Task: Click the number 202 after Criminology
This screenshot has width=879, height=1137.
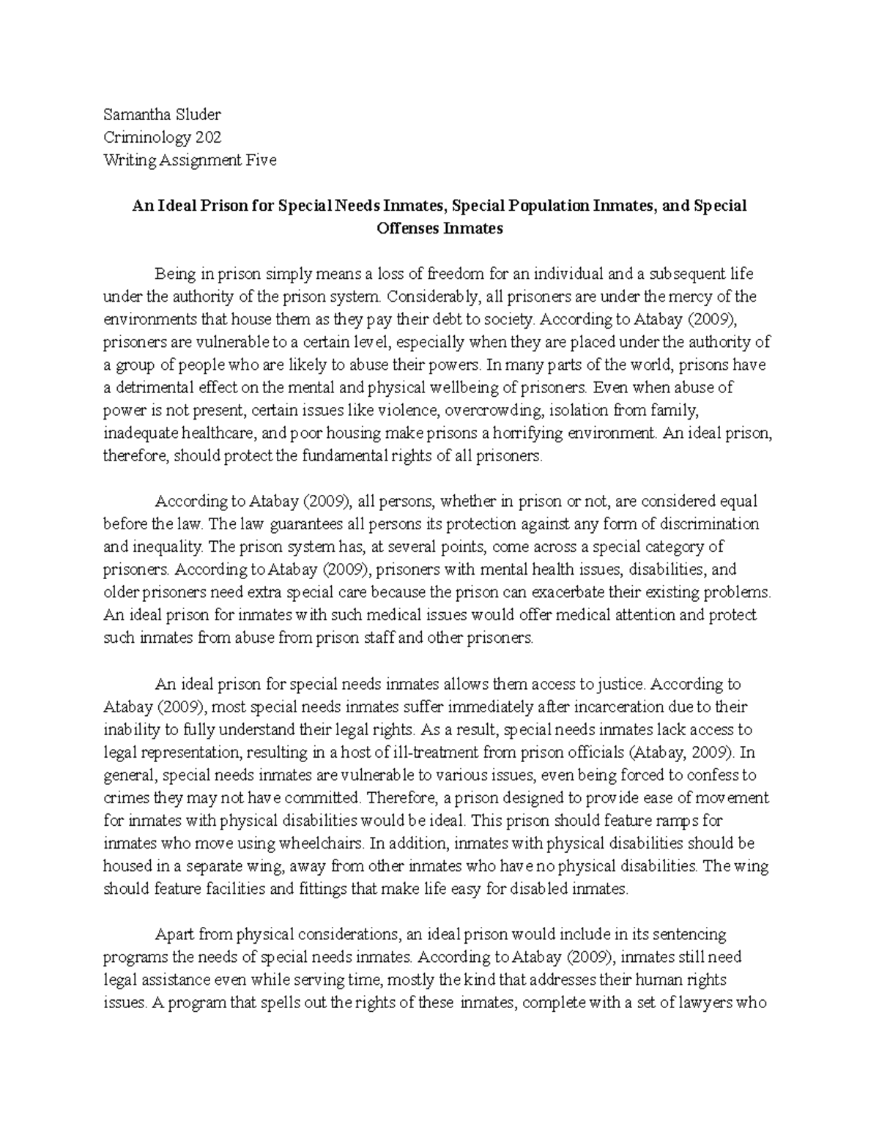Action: (208, 138)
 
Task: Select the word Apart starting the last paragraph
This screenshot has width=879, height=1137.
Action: (174, 934)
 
